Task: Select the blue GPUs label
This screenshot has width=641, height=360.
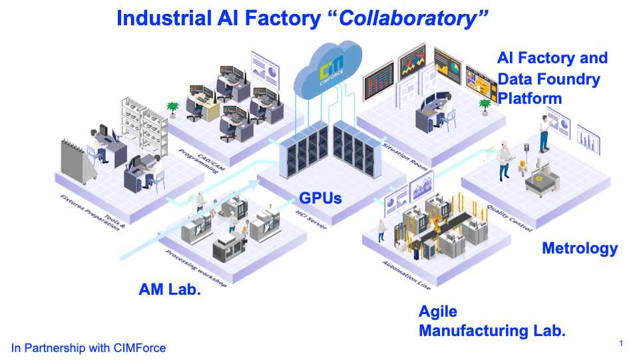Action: tap(321, 197)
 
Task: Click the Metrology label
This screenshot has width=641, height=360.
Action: tap(580, 249)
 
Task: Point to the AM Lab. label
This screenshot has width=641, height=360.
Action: tap(170, 289)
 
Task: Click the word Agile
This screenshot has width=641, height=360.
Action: tap(438, 311)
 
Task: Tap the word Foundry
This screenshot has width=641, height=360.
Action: tap(568, 80)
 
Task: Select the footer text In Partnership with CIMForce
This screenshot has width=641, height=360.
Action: tap(89, 347)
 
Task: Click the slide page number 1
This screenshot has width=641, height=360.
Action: tap(621, 343)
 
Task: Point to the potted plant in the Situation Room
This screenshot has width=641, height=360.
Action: tap(484, 105)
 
